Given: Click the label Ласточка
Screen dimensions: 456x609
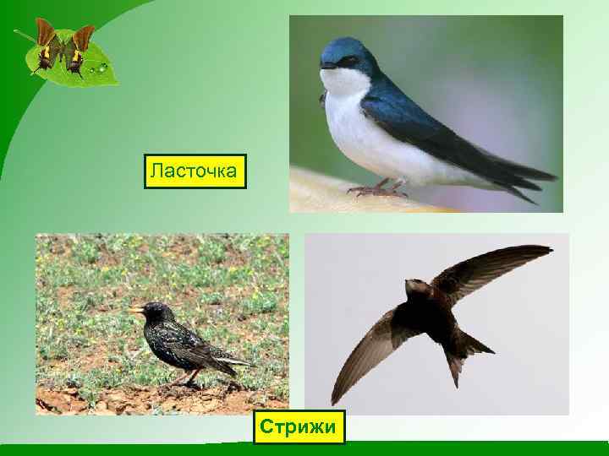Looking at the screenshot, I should [195, 171].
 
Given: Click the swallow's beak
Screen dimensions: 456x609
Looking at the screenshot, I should [324, 65].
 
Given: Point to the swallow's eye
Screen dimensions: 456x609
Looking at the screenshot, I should [341, 60].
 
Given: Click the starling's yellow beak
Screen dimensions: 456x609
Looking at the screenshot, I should [133, 310].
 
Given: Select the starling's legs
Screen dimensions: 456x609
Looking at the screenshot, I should [188, 377].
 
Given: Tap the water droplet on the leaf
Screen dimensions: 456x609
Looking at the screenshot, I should [103, 67].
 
